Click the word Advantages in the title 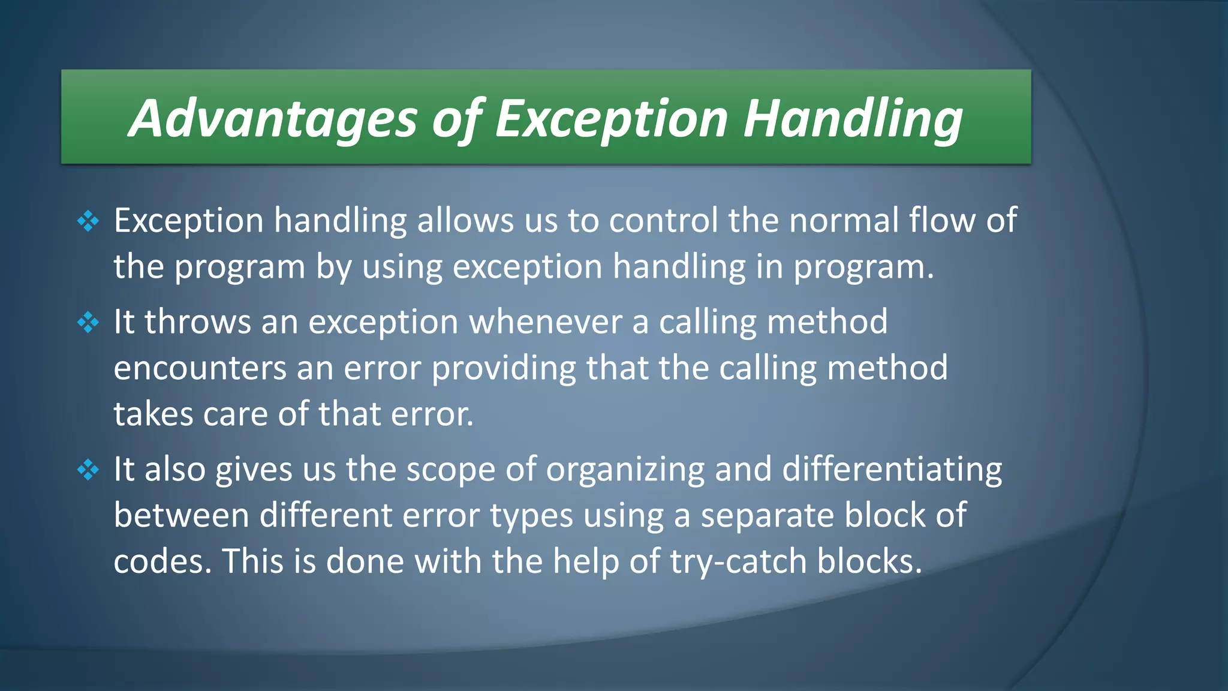273,118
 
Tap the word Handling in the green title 853,118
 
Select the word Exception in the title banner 612,118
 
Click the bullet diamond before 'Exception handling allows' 88,221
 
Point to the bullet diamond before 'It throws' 88,323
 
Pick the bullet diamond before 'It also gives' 88,470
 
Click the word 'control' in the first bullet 663,220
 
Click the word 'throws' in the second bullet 198,322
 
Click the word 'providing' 504,368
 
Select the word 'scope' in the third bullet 451,469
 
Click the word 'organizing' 625,469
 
